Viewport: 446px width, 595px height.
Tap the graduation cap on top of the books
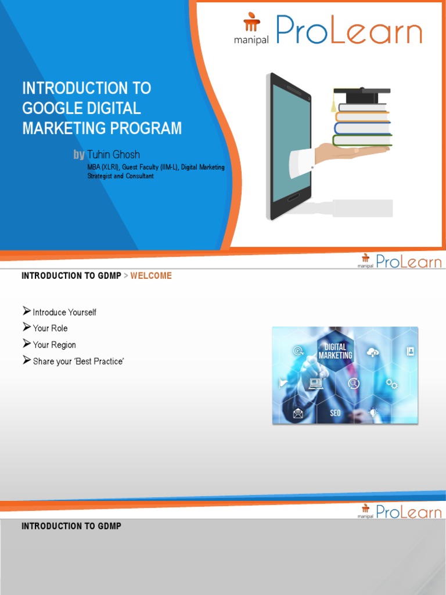(x=361, y=92)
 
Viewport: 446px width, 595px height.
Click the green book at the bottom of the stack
(x=362, y=140)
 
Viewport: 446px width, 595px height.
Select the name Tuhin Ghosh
(x=113, y=155)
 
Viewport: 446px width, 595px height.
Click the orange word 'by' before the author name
(x=79, y=155)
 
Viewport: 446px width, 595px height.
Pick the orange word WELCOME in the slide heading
(x=151, y=275)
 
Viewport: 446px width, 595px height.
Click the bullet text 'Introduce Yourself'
(x=64, y=312)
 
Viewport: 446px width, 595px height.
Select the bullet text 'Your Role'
(x=50, y=328)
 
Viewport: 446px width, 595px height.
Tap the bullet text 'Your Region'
(x=54, y=345)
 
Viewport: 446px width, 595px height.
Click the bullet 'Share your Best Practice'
(x=78, y=361)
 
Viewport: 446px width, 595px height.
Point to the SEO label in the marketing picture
(x=336, y=413)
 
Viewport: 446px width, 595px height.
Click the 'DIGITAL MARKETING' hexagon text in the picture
(x=335, y=351)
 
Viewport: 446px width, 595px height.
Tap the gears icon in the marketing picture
(x=392, y=383)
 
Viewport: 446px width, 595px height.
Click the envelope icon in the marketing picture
(x=298, y=413)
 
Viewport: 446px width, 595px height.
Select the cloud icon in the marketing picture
(x=372, y=352)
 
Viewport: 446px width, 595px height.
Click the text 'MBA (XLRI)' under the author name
(x=103, y=167)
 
